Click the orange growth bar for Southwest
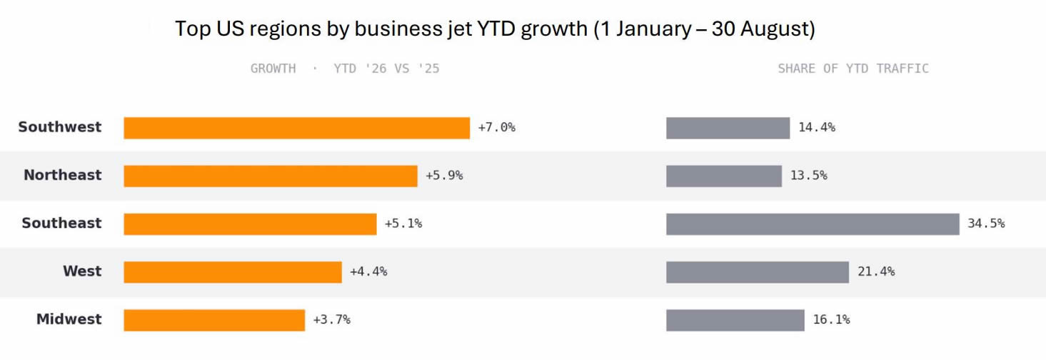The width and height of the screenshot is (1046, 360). pos(296,128)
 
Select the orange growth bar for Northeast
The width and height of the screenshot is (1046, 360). pos(271,176)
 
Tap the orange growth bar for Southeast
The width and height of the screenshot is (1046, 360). pos(250,224)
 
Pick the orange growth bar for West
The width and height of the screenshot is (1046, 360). pos(233,272)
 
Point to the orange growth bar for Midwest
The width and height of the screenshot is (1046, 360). pos(214,320)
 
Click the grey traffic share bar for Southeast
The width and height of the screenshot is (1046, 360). pos(813,224)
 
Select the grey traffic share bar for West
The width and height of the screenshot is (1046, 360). pos(758,272)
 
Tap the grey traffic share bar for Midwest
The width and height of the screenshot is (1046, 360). pos(735,320)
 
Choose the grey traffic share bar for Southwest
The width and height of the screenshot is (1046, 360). pos(728,128)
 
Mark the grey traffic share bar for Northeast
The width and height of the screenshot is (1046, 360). pos(724,176)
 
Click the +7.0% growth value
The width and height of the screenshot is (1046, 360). pos(497,127)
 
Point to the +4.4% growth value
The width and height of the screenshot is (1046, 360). pos(368,271)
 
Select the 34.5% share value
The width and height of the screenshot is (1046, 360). pos(986,224)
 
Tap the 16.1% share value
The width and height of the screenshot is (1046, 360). pos(832,320)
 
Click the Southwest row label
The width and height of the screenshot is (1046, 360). pos(60,127)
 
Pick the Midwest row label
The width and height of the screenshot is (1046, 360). pos(69,319)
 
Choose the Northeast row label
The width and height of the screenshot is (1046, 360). pos(63,175)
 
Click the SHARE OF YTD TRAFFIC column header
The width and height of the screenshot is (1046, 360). pos(853,69)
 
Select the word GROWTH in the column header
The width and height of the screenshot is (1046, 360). pos(273,69)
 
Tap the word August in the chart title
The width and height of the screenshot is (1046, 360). pos(771,29)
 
